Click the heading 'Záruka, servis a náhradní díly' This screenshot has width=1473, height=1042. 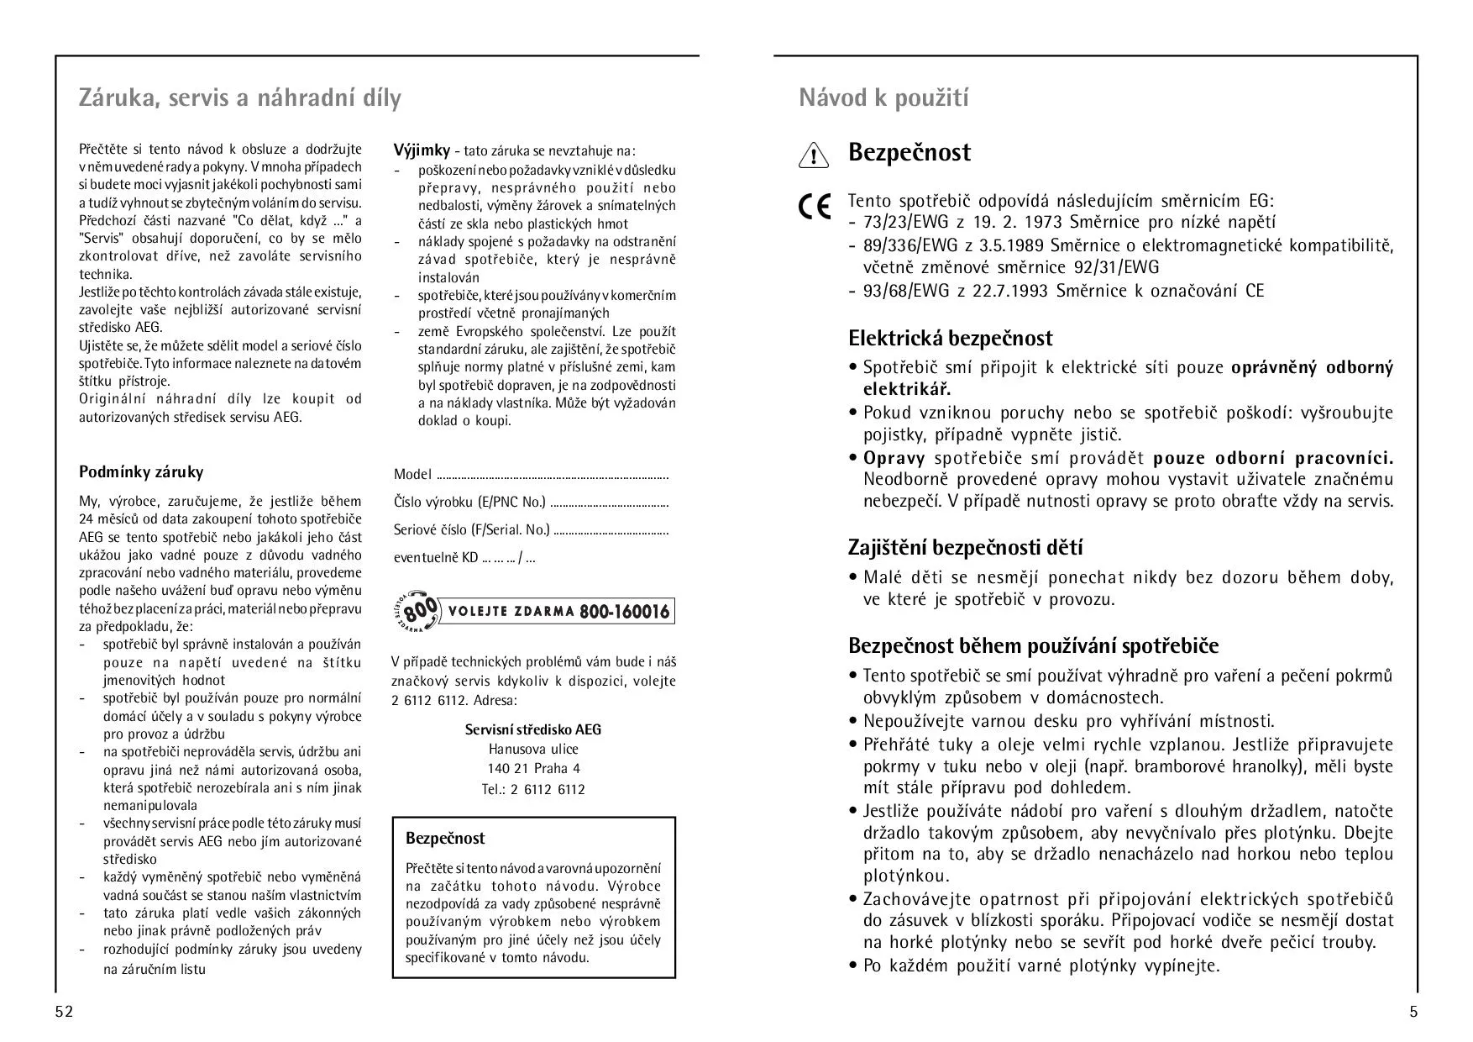[x=239, y=98]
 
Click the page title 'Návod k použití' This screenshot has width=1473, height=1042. [x=883, y=98]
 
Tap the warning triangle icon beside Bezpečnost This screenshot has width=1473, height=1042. [x=813, y=155]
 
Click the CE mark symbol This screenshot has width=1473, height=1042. [x=815, y=207]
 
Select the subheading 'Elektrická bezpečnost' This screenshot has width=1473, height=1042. [x=950, y=339]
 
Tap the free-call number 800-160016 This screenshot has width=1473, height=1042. [x=624, y=612]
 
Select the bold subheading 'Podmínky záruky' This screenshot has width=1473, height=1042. [x=141, y=472]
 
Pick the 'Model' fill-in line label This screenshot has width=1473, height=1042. [x=412, y=475]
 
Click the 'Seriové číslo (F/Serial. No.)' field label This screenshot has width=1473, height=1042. [x=471, y=530]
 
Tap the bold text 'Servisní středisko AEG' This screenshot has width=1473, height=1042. [x=533, y=729]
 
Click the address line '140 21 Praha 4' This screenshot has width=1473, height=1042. [x=533, y=768]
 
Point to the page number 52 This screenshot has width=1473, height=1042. [x=65, y=1012]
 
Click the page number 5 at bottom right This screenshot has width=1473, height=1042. [x=1413, y=1012]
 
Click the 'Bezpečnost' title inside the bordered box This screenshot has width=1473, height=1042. [x=445, y=839]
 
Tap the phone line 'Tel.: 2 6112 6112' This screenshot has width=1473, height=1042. [x=533, y=789]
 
